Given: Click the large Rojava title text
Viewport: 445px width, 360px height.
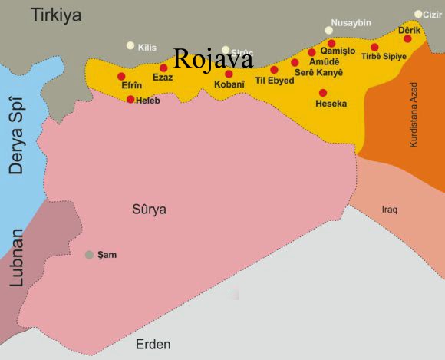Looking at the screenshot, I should [x=213, y=59].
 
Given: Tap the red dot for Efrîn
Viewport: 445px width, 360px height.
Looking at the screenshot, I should [x=121, y=76].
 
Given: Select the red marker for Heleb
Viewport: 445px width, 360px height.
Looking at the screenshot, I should [x=130, y=99].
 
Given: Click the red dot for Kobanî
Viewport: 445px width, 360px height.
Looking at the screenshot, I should [x=229, y=74].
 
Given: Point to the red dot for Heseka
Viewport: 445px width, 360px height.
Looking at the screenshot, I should [x=322, y=93].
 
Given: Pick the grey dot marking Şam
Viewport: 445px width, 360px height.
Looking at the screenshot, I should [x=90, y=255].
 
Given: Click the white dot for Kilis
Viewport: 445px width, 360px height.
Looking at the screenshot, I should [x=130, y=46].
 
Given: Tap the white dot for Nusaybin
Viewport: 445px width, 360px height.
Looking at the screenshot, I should [x=329, y=31].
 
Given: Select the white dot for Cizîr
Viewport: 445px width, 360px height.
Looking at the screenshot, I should [x=418, y=14].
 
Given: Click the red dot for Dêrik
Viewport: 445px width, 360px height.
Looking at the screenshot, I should [x=407, y=38].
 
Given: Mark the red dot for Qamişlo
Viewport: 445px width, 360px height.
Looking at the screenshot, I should [x=331, y=43].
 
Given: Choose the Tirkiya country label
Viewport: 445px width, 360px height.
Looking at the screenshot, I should [x=55, y=15].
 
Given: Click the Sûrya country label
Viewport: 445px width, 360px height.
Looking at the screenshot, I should [x=149, y=209].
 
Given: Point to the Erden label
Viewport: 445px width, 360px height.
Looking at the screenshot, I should [x=153, y=344].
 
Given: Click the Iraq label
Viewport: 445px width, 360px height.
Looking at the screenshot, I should [x=390, y=209].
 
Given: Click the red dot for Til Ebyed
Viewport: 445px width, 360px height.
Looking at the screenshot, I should [x=274, y=70].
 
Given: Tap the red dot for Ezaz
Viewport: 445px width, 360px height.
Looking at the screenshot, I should [x=163, y=68].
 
